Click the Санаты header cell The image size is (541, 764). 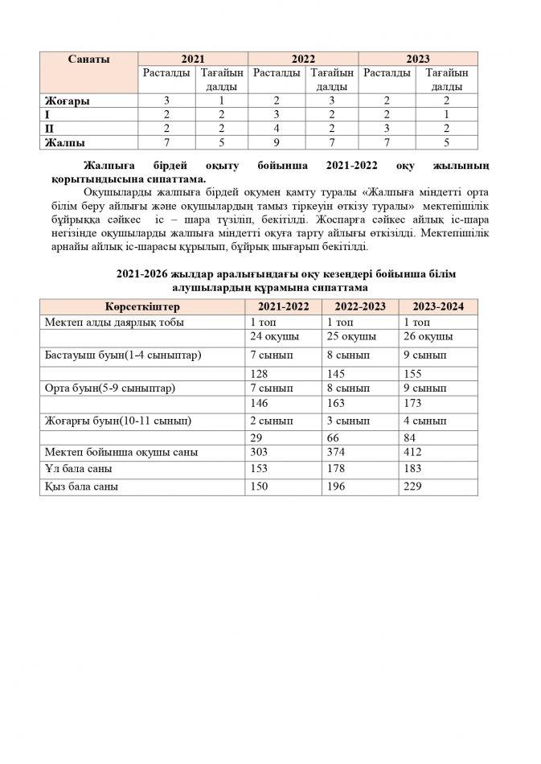[x=89, y=59]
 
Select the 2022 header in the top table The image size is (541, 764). [x=302, y=59]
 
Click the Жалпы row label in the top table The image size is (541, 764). [x=65, y=142]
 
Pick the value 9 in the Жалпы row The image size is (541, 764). [x=276, y=142]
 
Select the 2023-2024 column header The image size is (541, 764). [x=437, y=307]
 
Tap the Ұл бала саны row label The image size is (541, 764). [x=78, y=469]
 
